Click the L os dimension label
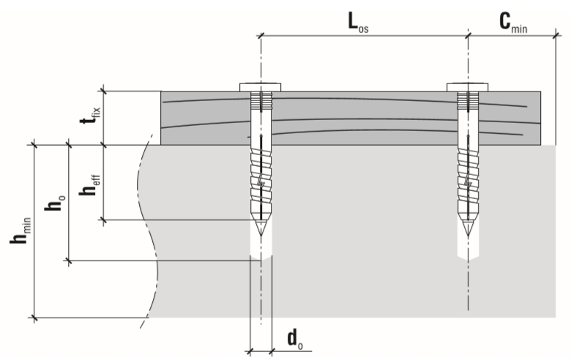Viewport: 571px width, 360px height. point(358,23)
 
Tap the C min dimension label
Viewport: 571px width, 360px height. point(513,23)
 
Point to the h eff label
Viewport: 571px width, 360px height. point(89,185)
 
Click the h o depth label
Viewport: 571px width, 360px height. point(56,203)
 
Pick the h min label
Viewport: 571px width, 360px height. point(20,230)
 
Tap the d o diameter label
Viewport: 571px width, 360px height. point(295,340)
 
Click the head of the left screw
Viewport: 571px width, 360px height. point(261,87)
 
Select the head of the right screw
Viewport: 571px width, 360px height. point(468,87)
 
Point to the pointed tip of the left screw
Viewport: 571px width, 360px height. point(261,235)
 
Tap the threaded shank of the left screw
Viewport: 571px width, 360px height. point(261,182)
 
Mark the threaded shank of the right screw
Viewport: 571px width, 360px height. point(468,182)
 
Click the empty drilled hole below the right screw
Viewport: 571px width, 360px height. point(468,248)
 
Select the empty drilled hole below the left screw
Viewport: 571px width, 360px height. point(261,247)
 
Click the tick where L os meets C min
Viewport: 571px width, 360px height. point(468,36)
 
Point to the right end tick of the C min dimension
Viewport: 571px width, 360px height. point(556,36)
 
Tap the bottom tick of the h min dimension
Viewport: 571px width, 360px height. point(34,318)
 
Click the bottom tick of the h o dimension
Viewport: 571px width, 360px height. point(69,260)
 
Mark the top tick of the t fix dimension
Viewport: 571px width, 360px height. point(104,91)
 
